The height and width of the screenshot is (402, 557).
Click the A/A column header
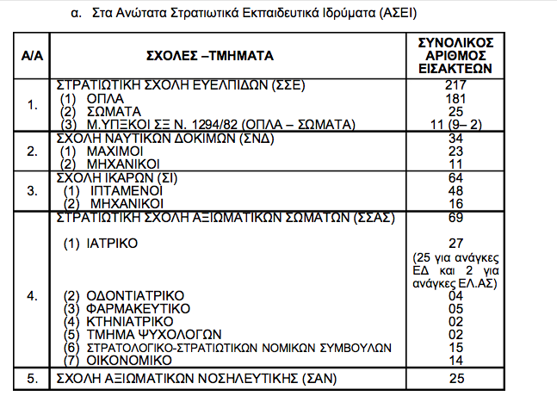[x=33, y=56]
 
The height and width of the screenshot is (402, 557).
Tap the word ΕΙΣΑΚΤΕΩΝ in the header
[x=456, y=69]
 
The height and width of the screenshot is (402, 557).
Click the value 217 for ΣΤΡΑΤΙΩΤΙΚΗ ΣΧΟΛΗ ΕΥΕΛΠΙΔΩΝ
[x=456, y=84]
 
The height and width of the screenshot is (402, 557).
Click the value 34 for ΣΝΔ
[x=456, y=138]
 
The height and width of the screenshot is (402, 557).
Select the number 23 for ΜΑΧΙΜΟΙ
[x=456, y=150]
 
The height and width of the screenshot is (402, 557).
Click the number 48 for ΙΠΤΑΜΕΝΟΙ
[x=456, y=190]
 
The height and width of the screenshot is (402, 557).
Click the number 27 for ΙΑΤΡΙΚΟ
[x=456, y=244]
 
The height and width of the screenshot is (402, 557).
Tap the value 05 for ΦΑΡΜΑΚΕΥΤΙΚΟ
[x=456, y=308]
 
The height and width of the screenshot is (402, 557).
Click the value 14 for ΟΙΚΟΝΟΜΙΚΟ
[x=456, y=360]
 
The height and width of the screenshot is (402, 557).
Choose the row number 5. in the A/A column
[x=33, y=379]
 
